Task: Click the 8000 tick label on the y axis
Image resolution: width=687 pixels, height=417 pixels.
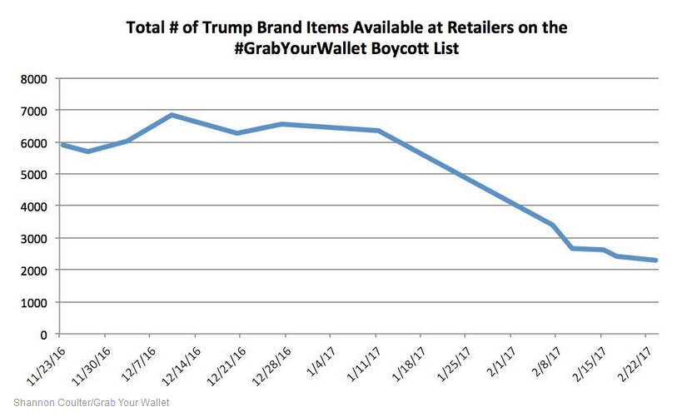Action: click(33, 79)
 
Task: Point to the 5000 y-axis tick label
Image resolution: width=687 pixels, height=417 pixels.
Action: click(33, 175)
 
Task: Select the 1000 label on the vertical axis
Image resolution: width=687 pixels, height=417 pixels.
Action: click(33, 302)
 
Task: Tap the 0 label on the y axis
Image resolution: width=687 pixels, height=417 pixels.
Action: click(42, 335)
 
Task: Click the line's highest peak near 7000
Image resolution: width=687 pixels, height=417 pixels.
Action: click(172, 115)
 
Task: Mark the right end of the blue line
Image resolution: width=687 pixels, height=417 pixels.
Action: click(657, 261)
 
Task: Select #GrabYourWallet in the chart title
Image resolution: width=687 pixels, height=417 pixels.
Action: click(289, 49)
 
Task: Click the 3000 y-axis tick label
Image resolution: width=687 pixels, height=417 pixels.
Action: click(33, 239)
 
